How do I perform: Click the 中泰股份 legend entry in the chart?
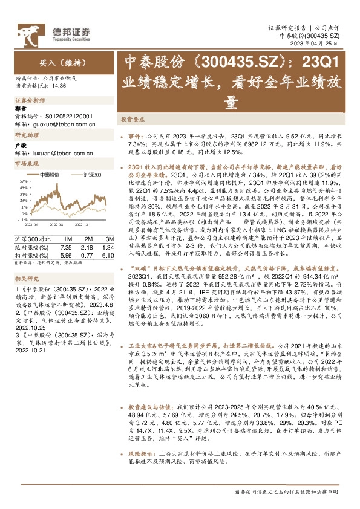click(50, 174)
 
